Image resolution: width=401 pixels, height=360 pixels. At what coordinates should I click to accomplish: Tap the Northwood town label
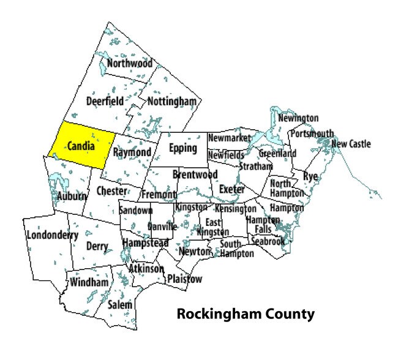coord(129,63)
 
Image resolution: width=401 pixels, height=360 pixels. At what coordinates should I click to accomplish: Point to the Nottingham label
coord(171,100)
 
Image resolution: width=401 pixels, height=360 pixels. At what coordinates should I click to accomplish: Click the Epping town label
coord(183,148)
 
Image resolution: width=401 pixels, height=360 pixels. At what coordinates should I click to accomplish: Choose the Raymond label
coord(132,152)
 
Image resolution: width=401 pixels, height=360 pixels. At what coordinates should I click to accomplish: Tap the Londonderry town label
coord(54,235)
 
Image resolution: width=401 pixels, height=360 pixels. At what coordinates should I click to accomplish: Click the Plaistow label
coord(184,279)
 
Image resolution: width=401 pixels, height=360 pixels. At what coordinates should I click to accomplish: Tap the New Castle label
coord(351,144)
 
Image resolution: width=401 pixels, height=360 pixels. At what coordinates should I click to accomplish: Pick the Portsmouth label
coord(312,133)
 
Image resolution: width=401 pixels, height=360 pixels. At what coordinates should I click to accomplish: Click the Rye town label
coord(310,177)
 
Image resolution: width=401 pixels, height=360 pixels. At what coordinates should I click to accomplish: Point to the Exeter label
coord(231,189)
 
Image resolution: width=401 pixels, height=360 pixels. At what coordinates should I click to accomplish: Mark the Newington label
coord(298,118)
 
